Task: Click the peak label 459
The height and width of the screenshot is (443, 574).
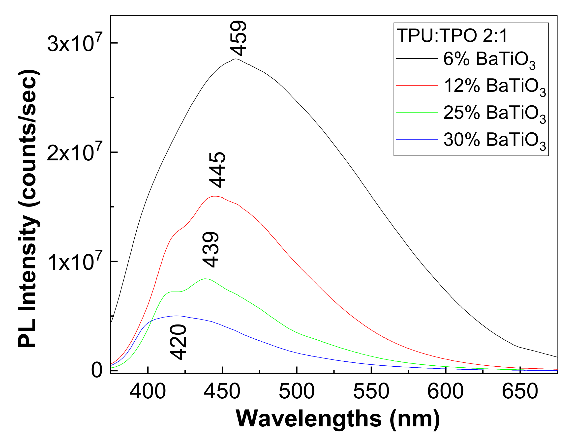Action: click(238, 39)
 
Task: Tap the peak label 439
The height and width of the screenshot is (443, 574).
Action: click(211, 250)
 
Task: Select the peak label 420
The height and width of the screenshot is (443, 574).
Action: click(178, 342)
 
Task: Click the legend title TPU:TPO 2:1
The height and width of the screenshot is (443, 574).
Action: click(452, 35)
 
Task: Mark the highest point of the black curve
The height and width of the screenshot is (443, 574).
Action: click(236, 59)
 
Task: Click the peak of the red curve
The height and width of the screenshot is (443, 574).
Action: click(215, 196)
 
